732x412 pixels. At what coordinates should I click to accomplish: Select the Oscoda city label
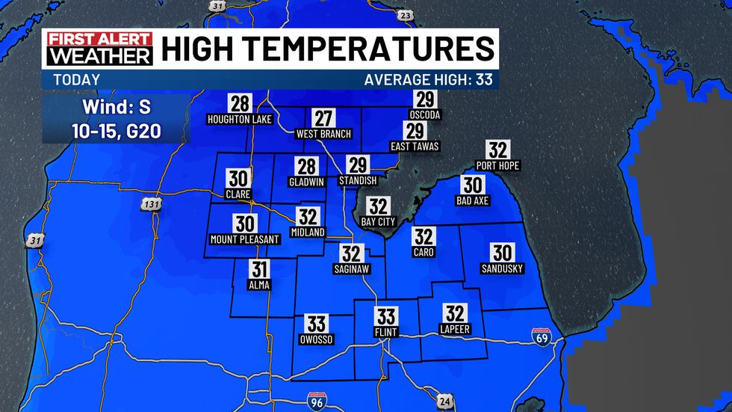point(425,115)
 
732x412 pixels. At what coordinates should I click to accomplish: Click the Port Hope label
point(497,165)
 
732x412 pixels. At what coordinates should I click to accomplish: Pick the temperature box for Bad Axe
point(472,184)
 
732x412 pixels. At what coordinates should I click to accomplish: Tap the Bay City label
point(378,222)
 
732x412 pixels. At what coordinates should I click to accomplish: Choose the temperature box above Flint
point(386,316)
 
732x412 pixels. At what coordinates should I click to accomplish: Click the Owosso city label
point(317,339)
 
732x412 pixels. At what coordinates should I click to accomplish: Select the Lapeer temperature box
point(455,313)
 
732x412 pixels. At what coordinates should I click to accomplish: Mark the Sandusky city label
point(502,268)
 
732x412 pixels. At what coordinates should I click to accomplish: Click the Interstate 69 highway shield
point(542,338)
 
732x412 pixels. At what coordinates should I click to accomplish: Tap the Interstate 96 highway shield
point(317,402)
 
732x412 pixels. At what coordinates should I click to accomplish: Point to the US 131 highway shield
point(152,203)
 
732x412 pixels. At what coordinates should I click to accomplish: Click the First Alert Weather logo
point(98,49)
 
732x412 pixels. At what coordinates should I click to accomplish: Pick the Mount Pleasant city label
point(244,239)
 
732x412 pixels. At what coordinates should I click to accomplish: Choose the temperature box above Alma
point(259,270)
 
